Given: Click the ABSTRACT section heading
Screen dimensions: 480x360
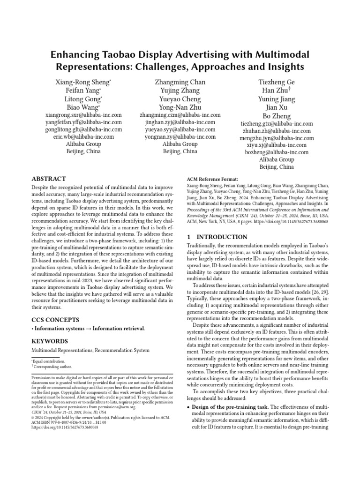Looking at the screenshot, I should tap(49, 179).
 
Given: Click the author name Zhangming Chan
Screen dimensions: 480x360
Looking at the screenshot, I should tap(180, 82).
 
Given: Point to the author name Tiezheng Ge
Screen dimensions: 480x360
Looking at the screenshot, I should tap(277, 82).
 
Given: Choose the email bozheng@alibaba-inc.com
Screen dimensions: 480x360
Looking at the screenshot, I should tap(277, 152).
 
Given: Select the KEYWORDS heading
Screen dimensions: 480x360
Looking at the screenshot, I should tap(49, 341).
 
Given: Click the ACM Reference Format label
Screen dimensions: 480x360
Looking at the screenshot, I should tap(212, 179).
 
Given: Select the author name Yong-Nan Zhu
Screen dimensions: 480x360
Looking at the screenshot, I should tap(180, 107).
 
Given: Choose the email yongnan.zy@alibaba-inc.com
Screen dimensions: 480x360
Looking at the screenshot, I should tap(180, 137).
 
